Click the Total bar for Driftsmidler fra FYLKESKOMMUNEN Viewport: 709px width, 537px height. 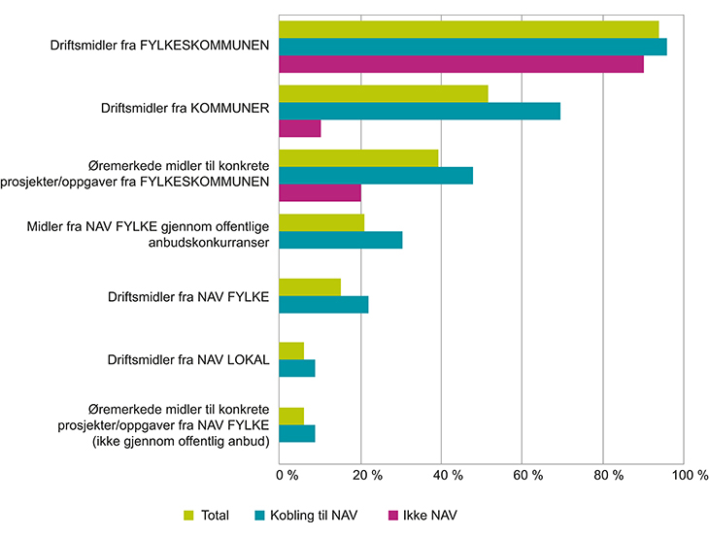click(469, 29)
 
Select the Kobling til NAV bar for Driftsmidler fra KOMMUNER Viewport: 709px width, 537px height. click(420, 111)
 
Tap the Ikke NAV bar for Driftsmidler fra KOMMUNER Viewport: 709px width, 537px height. click(299, 128)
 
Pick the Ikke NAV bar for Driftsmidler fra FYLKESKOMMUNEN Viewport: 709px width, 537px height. click(461, 64)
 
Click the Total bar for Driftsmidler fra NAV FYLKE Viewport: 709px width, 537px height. click(310, 286)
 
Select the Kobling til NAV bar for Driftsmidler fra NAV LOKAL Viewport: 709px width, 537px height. click(297, 368)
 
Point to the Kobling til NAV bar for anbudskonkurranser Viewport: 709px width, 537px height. click(340, 240)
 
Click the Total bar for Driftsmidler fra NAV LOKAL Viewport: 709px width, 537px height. click(291, 351)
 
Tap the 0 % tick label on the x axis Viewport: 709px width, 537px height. click(287, 477)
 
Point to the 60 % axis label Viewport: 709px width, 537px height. click(526, 477)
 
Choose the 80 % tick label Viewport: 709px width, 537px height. click(607, 477)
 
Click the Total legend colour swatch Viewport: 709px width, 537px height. click(190, 515)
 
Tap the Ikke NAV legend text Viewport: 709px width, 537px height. click(431, 515)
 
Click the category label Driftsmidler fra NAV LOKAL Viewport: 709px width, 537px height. click(188, 361)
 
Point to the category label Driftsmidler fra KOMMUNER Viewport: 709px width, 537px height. click(185, 109)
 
